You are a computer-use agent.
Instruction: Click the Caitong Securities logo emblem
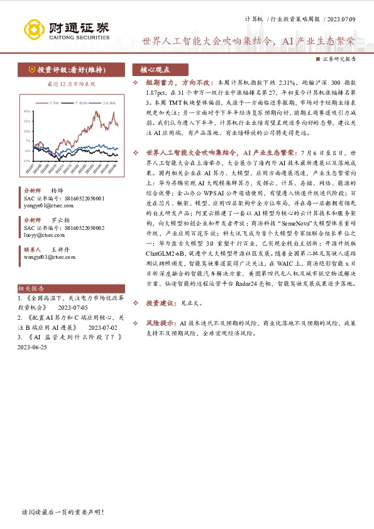coord(35,28)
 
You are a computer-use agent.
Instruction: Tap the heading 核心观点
coord(155,69)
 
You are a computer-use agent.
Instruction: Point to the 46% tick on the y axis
coord(27,111)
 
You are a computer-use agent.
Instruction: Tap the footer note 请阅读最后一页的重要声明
coord(62,512)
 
